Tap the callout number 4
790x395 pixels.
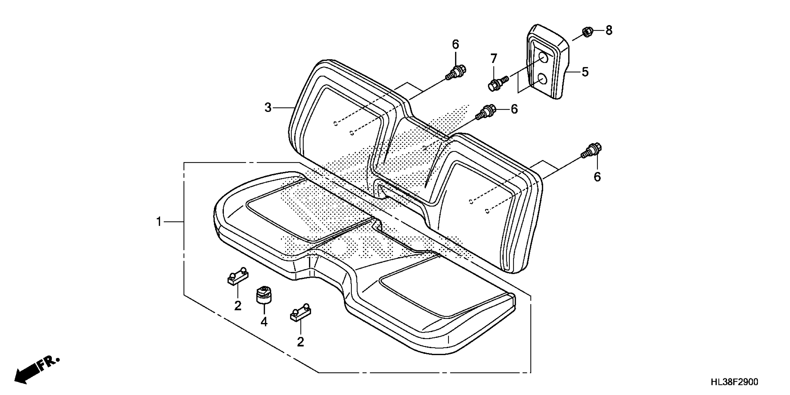click(x=264, y=322)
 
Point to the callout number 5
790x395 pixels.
click(x=585, y=72)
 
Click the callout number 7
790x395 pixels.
click(x=494, y=58)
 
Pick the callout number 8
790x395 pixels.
click(x=609, y=30)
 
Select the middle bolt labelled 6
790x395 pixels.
click(x=485, y=112)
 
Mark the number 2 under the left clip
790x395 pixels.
click(x=238, y=306)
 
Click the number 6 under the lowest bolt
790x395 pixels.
click(x=597, y=177)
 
